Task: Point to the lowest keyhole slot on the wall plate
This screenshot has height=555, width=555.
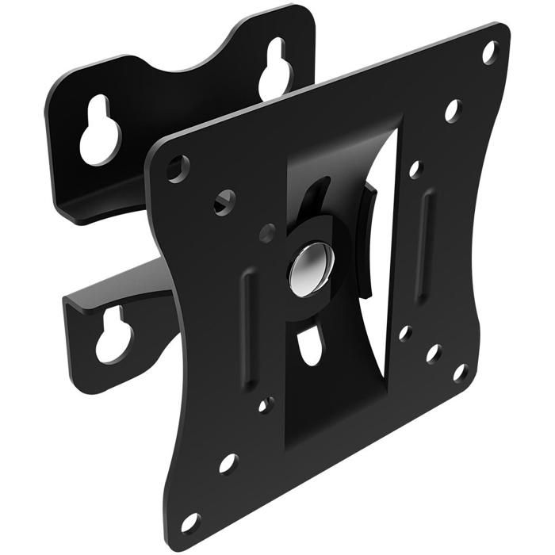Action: (113, 338)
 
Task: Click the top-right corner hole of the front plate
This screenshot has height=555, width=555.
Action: (489, 53)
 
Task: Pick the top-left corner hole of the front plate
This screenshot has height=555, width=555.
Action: (178, 168)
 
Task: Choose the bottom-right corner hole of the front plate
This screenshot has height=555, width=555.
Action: (460, 372)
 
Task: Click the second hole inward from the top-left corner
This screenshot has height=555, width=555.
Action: (224, 201)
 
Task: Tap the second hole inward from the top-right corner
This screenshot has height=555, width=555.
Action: (452, 109)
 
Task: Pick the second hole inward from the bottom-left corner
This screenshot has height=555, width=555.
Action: (228, 463)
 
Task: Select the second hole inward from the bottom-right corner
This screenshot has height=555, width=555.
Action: (433, 354)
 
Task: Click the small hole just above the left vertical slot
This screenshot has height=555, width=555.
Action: (267, 233)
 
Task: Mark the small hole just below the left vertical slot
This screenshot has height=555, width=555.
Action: (266, 405)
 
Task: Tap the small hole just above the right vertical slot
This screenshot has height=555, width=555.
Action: (415, 169)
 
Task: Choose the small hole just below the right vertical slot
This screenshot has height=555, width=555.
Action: (405, 333)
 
